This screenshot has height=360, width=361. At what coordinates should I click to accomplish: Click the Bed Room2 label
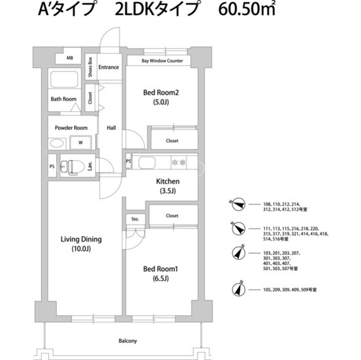161,92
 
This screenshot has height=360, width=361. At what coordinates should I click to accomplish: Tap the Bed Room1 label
160,269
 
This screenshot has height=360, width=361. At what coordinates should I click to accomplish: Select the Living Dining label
81,239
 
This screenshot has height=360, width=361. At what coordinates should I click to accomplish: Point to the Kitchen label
168,181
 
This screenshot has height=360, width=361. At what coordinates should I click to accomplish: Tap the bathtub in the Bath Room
64,79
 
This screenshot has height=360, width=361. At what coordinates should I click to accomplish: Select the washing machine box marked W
81,143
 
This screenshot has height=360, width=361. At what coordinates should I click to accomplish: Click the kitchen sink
147,163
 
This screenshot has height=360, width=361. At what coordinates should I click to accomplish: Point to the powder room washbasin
57,144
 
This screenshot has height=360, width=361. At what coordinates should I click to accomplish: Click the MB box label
70,58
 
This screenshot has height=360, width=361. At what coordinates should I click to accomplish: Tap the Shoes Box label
90,67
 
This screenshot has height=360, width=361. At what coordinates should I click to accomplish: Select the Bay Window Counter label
162,61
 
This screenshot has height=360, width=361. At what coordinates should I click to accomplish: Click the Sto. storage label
135,219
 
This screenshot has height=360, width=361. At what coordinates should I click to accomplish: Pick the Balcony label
128,341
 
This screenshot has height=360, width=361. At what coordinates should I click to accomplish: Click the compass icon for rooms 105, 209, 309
239,289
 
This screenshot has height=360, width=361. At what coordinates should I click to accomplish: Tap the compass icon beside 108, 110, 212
238,204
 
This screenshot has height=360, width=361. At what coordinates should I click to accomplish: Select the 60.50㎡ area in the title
247,10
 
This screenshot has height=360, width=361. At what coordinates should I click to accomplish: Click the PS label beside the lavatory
52,166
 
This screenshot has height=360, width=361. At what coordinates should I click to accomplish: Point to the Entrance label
109,67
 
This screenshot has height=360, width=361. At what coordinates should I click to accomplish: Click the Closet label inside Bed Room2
172,141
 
